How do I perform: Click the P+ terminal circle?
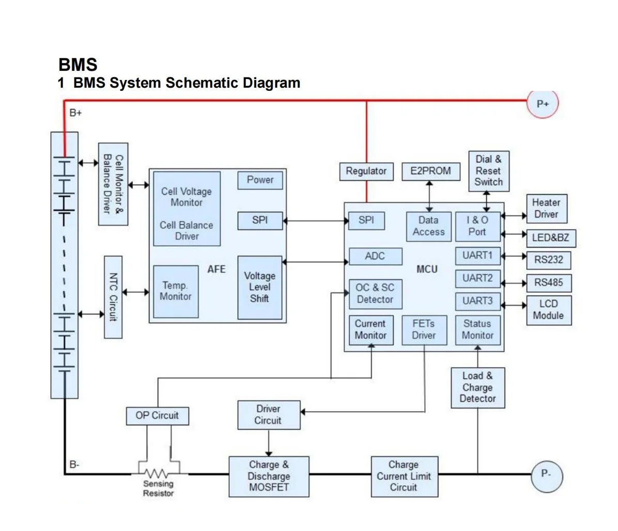point(543,103)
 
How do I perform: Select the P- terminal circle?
point(546,474)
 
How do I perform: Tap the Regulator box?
point(366,171)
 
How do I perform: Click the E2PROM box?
point(430,171)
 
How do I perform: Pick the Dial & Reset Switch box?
point(488,171)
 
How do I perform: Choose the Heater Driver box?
point(546,209)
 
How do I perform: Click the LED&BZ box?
point(550,238)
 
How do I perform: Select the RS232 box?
point(548,260)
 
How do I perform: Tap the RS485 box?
point(548,283)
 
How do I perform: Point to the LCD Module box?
point(549,310)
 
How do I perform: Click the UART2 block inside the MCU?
point(477,278)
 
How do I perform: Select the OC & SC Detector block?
point(375,294)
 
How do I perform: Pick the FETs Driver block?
point(424,330)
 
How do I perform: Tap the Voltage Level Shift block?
point(259,287)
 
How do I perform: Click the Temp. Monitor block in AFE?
point(176,291)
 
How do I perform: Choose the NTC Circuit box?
point(113,297)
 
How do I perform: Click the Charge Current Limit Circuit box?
point(404,476)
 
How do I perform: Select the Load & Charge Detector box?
point(477,387)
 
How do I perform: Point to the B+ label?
point(75,113)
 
